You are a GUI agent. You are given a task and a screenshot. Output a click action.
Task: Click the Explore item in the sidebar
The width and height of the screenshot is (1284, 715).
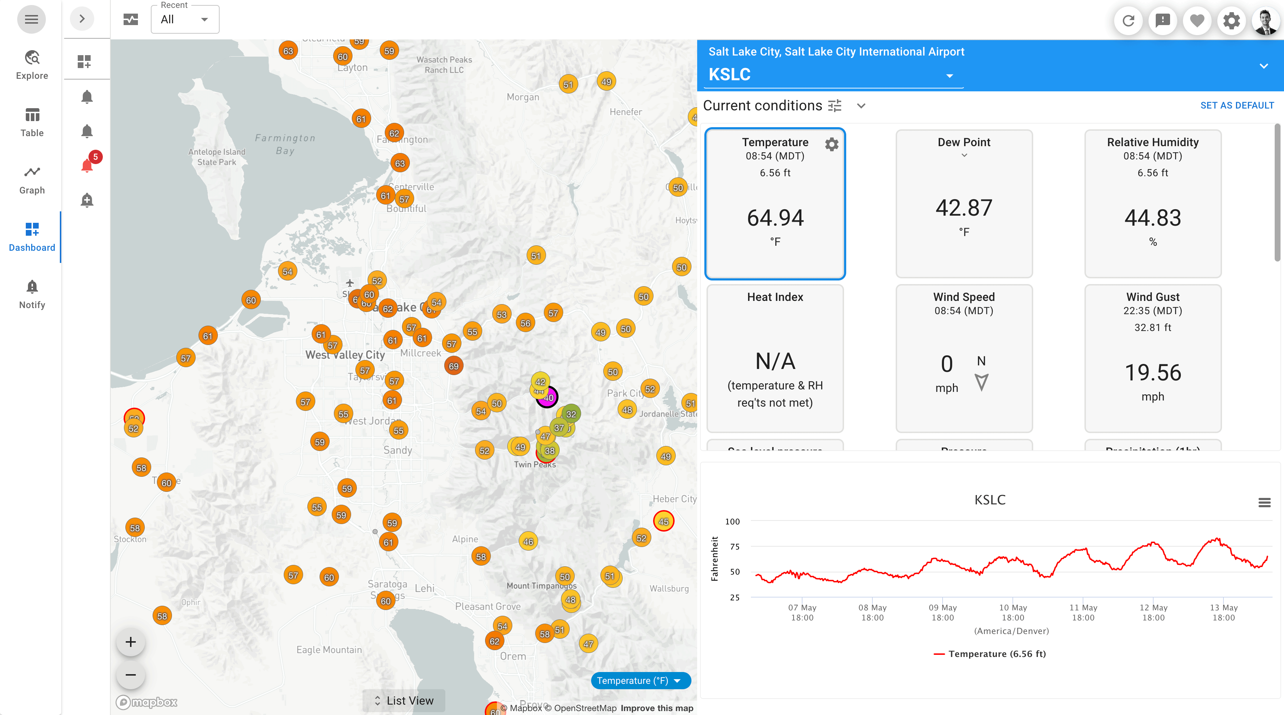click(32, 65)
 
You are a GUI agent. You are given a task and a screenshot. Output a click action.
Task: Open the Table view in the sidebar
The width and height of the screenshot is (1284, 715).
click(32, 122)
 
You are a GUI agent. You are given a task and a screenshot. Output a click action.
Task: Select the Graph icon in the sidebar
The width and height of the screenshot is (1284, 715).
click(32, 179)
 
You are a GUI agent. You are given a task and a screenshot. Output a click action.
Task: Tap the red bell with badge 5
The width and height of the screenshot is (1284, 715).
click(87, 165)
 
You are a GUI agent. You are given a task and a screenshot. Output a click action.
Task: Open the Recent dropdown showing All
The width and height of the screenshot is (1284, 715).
click(185, 19)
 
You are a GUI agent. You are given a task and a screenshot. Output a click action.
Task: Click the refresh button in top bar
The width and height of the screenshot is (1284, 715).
click(1128, 20)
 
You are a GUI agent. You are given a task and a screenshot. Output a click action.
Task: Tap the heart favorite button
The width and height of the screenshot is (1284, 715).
click(1197, 20)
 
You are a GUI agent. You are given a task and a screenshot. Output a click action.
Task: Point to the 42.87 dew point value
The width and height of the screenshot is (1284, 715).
click(963, 208)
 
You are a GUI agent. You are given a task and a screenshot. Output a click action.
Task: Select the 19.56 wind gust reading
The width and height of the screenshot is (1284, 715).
click(1153, 373)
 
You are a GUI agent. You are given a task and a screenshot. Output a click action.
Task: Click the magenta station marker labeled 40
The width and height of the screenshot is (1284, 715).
click(548, 398)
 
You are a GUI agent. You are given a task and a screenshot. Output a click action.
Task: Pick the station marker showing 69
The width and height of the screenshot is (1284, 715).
click(453, 366)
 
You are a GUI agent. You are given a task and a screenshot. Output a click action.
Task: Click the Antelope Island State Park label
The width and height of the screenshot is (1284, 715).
click(216, 157)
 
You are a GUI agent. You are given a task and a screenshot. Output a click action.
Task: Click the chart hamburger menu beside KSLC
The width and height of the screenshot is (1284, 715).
click(1264, 502)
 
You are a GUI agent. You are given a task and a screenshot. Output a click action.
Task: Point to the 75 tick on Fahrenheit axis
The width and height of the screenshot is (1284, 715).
click(734, 547)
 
